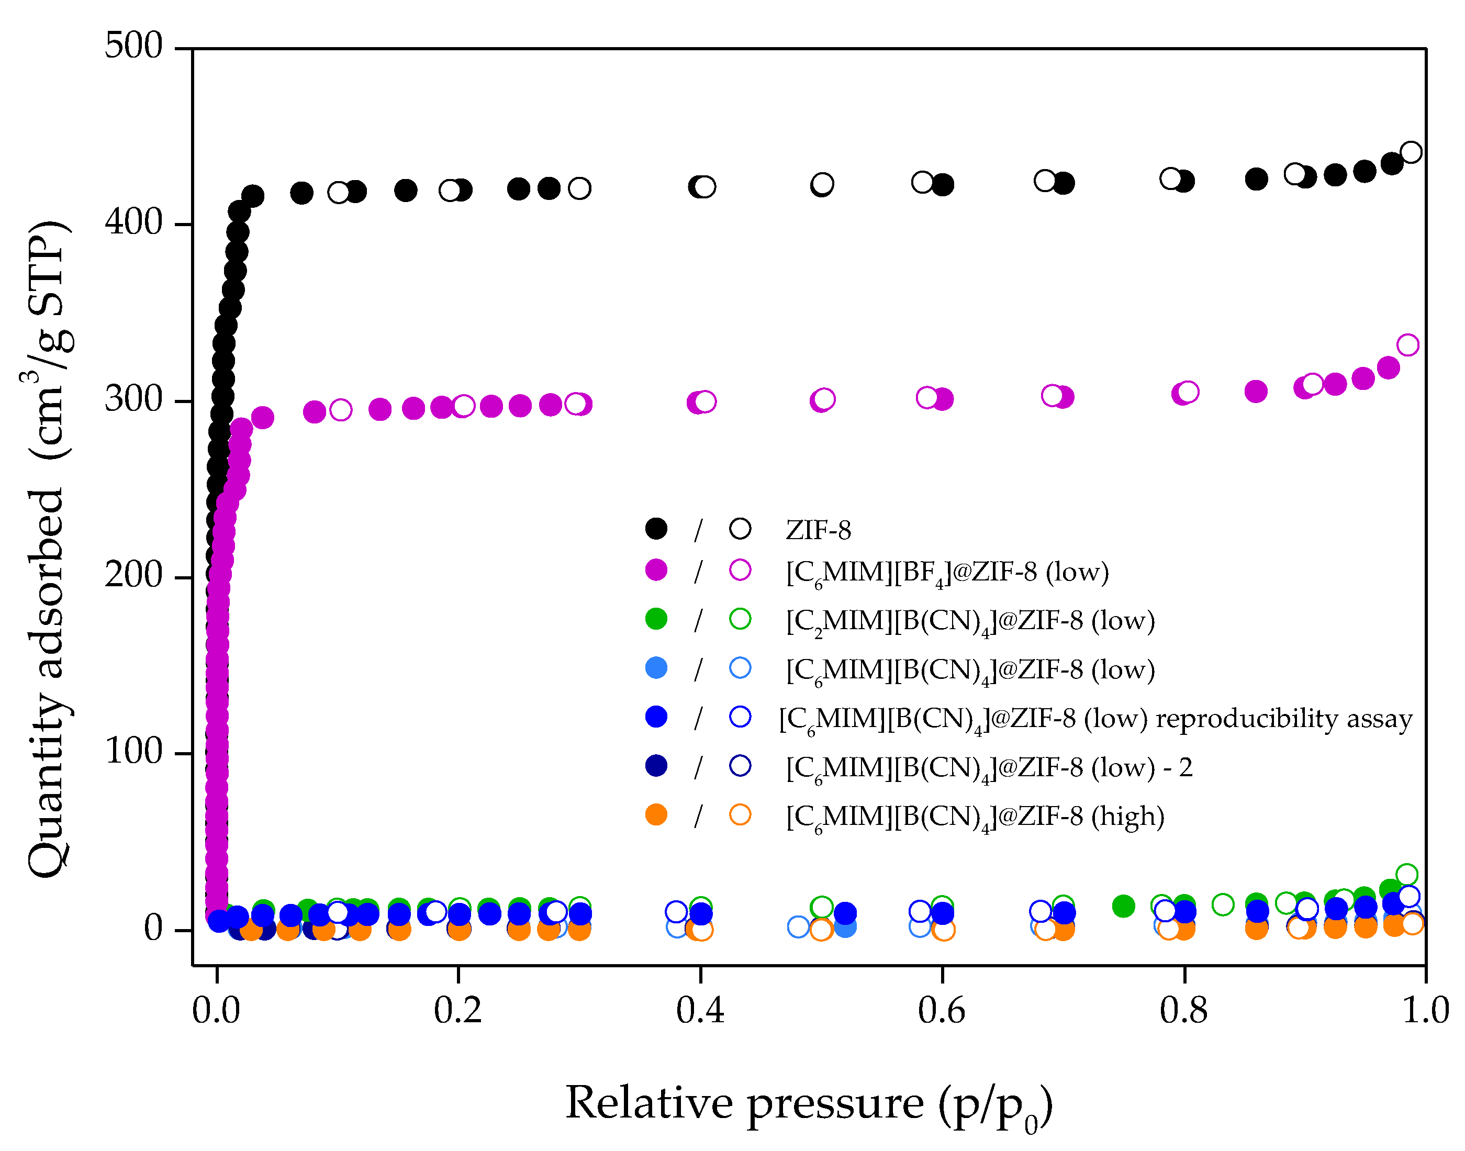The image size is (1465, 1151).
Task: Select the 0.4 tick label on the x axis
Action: [x=700, y=1010]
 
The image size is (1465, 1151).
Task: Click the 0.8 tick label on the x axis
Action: [x=1183, y=1010]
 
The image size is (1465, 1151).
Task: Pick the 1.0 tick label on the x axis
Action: [x=1425, y=1010]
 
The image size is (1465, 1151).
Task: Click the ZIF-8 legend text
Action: [x=818, y=530]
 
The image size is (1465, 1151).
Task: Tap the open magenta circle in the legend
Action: [x=740, y=570]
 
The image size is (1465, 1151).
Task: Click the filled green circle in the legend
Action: [x=656, y=619]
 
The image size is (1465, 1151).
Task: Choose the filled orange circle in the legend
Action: [x=656, y=815]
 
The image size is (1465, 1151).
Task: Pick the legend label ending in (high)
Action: [x=975, y=817]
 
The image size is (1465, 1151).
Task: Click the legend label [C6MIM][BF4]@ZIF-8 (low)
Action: [x=947, y=572]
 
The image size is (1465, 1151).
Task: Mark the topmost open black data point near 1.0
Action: [x=1411, y=152]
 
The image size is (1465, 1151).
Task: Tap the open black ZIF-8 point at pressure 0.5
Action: [x=821, y=184]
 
